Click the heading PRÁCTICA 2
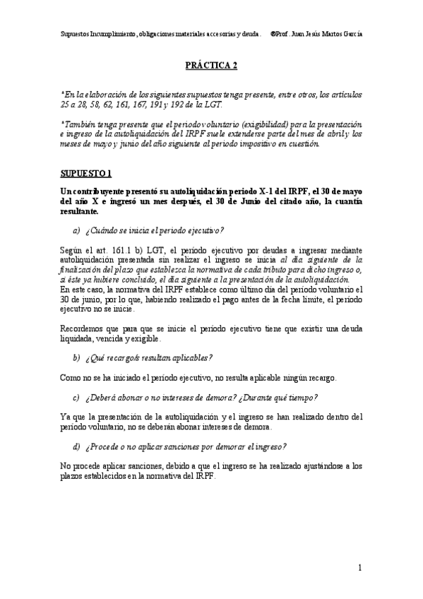coord(211,65)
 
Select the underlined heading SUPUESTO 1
coord(86,173)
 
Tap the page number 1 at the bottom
coord(359,567)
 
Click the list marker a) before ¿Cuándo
coord(76,230)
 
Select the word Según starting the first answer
coord(71,250)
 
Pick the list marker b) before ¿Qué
coord(76,358)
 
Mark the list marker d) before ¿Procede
coord(76,447)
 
